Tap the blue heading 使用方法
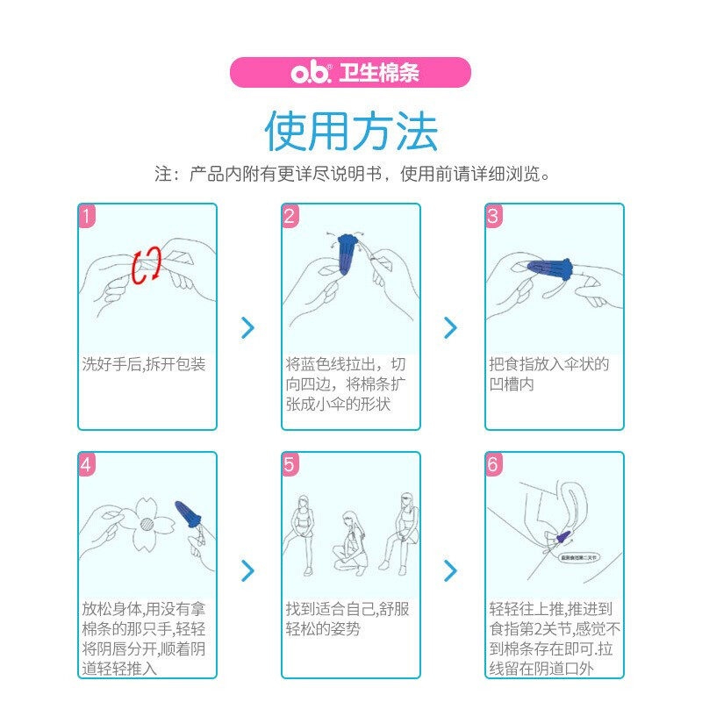coord(351,131)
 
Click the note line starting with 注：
coord(351,174)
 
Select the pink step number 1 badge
coord(86,216)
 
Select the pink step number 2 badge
coord(290,216)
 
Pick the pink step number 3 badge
coord(493,216)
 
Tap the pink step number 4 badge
coord(86,464)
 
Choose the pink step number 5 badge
coord(290,464)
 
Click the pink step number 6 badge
coord(493,464)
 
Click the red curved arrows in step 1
coord(147,264)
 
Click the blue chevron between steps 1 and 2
coord(248,328)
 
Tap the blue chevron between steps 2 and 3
coord(451,328)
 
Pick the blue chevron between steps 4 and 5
coord(248,571)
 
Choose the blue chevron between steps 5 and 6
coord(451,571)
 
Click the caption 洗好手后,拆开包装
coord(144,364)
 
